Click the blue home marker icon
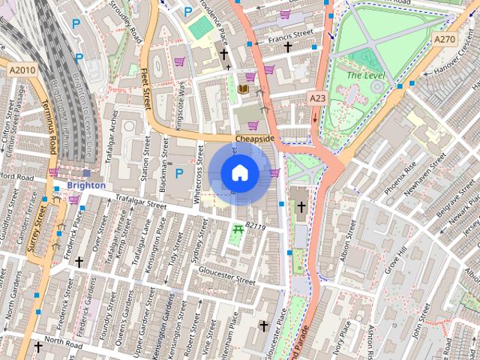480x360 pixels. coord(239,172)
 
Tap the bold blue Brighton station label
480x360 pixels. coord(85,184)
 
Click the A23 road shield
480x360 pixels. coord(318,98)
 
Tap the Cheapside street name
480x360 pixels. coord(255,139)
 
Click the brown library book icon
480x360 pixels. coord(242,89)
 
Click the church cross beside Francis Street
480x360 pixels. coord(287,46)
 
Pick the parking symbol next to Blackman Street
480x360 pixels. coord(178,173)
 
